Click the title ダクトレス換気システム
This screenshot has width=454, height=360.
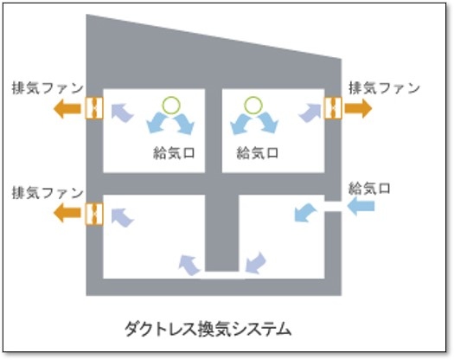tap(208, 330)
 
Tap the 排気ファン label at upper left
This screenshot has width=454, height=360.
tap(48, 88)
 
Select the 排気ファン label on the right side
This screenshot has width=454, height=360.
tap(384, 88)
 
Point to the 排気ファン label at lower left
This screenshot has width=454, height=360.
tap(48, 193)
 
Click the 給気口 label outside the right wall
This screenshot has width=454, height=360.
tap(369, 189)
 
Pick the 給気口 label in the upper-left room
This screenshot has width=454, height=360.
tap(174, 153)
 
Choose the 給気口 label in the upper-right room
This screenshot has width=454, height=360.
tap(258, 153)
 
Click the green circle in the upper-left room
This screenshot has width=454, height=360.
tap(171, 105)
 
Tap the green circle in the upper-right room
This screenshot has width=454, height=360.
tap(253, 105)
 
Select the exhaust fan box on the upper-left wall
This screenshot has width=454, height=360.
tap(94, 108)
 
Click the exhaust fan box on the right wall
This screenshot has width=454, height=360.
tap(333, 108)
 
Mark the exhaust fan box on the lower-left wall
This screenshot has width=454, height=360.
tap(94, 214)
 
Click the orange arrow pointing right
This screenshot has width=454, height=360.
tap(358, 108)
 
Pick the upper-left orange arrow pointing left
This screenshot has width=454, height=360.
tap(67, 109)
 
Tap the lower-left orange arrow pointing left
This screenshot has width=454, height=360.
tap(67, 213)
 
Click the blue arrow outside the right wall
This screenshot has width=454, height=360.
tap(361, 206)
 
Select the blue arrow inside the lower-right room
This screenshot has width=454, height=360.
tap(304, 213)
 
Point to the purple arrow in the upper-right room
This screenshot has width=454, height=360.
tap(310, 113)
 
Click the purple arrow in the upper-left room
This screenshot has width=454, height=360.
tap(122, 112)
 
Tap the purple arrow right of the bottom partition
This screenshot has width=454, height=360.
tap(255, 262)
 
